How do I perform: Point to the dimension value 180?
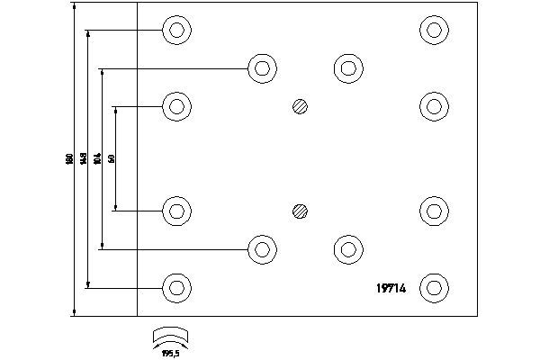[x=69, y=159]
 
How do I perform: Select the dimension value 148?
[x=84, y=159]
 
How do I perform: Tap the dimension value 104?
[x=97, y=159]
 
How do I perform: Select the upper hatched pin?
[x=301, y=106]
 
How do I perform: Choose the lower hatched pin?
[x=301, y=211]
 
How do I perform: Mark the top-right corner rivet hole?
[x=435, y=31]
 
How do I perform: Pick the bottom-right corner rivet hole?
[x=435, y=288]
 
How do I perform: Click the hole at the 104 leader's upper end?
[x=262, y=67]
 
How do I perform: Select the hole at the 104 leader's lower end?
[x=262, y=249]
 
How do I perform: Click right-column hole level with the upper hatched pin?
[x=435, y=106]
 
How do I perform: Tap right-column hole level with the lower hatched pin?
[x=435, y=211]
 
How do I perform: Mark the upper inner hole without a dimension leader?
[x=347, y=67]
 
